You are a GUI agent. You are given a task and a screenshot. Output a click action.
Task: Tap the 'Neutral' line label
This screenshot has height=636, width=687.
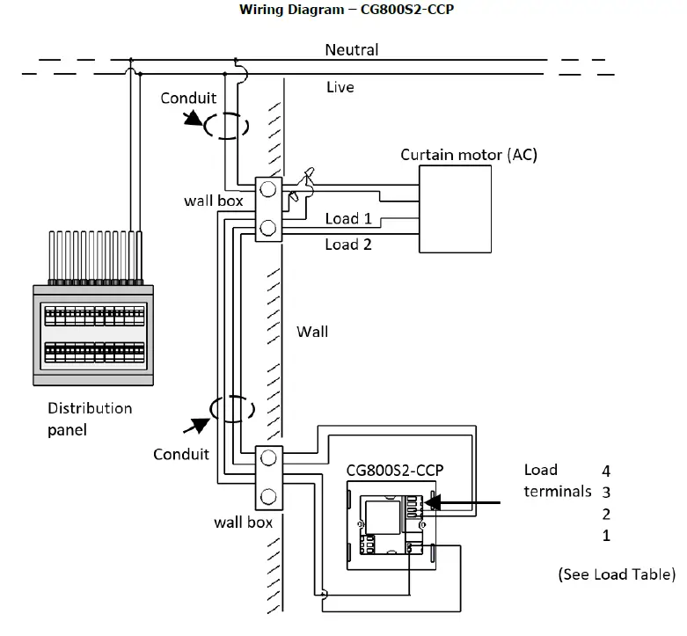pos(351,49)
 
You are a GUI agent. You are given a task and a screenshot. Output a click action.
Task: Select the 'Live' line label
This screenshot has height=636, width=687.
pos(340,87)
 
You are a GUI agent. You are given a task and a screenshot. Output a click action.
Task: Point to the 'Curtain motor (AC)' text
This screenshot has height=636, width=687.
pos(468,155)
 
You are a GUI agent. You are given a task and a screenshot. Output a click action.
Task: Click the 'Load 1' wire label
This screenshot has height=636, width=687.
pos(347,218)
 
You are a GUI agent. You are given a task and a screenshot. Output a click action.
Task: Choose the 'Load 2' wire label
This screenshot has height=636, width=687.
pos(347,244)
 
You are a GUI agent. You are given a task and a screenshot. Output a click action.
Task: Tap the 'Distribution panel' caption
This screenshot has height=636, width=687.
pos(89,419)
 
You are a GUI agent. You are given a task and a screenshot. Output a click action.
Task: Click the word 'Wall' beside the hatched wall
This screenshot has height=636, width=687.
pos(312,332)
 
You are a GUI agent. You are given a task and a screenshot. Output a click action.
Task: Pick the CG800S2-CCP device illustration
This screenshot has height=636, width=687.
pos(391,525)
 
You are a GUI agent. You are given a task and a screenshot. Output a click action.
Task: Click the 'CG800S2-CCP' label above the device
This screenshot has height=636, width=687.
pos(394,470)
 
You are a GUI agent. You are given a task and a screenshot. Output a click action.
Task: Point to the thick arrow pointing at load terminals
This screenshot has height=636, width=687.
pos(467,503)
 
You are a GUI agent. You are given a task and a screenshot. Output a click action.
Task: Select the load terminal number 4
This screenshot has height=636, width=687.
pos(606,471)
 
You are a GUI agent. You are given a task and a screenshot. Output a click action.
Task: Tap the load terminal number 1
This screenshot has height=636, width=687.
pos(606,536)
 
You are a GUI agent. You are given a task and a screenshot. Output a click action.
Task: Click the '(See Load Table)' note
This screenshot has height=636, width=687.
pos(616,574)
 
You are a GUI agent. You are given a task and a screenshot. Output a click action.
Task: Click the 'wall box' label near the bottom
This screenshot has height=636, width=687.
pos(243,522)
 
